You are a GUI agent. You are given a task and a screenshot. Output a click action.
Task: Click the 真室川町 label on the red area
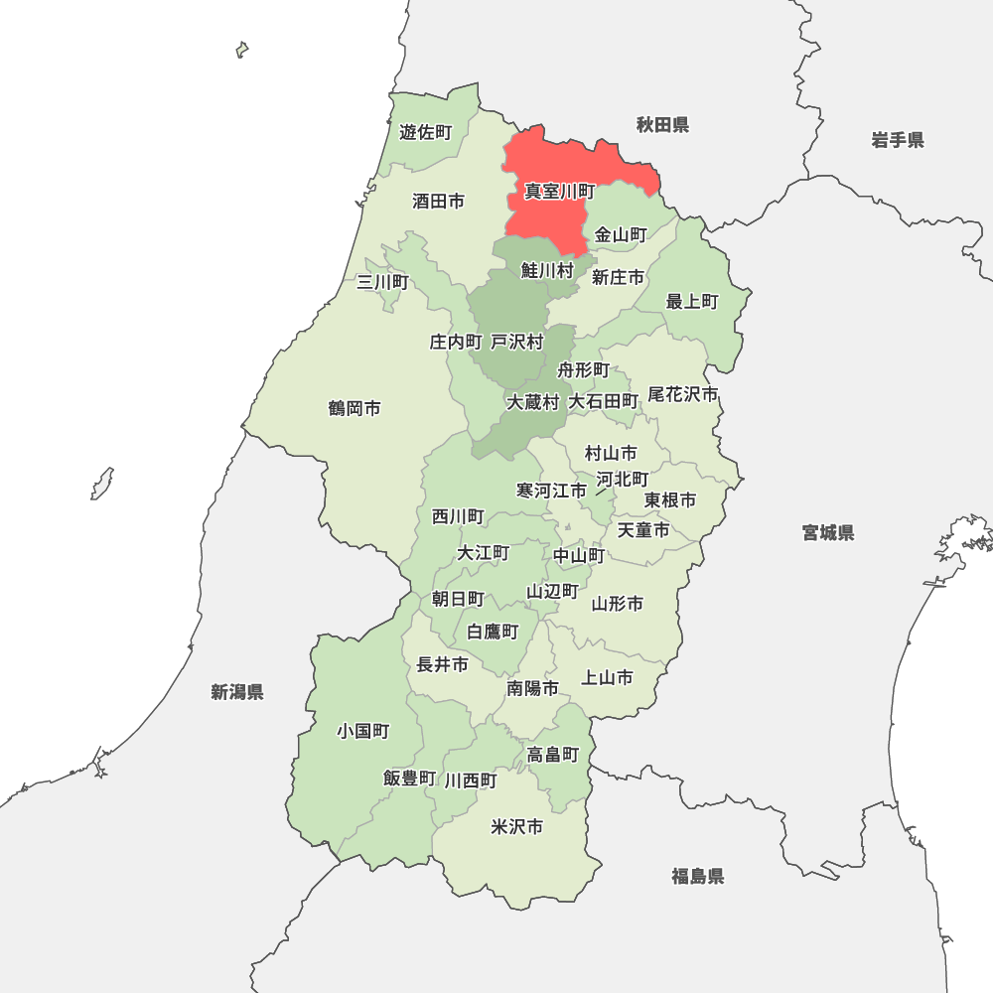coord(560,191)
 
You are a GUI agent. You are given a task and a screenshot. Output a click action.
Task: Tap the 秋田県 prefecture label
coord(662,125)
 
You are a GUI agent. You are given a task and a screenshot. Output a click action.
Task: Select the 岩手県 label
coord(898,140)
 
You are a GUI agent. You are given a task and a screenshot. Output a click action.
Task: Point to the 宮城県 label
coord(828,533)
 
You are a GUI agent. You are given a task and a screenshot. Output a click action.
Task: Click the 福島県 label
coord(697,876)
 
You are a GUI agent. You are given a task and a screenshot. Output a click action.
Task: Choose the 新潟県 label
coord(237,692)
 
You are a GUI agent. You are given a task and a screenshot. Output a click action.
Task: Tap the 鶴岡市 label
coord(355,408)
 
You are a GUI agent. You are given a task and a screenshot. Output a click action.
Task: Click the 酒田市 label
coord(438,201)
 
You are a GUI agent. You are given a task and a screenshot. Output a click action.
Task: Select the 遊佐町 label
coord(425,132)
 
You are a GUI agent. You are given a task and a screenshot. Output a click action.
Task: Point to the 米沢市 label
coord(517,827)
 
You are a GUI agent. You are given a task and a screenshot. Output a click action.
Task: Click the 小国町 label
coord(362,732)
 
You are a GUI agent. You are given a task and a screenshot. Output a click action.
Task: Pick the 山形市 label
coord(618,603)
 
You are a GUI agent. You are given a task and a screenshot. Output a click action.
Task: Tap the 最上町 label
coord(691,301)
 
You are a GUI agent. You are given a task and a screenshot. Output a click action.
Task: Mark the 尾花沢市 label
coord(682,394)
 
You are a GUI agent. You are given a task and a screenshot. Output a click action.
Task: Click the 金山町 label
coord(621,235)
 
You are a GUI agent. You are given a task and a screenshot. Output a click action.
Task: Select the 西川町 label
coord(458,516)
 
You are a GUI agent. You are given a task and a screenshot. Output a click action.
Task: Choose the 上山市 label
coord(607,678)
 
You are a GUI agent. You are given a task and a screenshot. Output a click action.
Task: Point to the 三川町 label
coord(382,282)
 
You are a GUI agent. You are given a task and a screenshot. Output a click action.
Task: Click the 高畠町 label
coord(553,755)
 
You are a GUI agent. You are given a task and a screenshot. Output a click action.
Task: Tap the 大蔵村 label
coord(533,402)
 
